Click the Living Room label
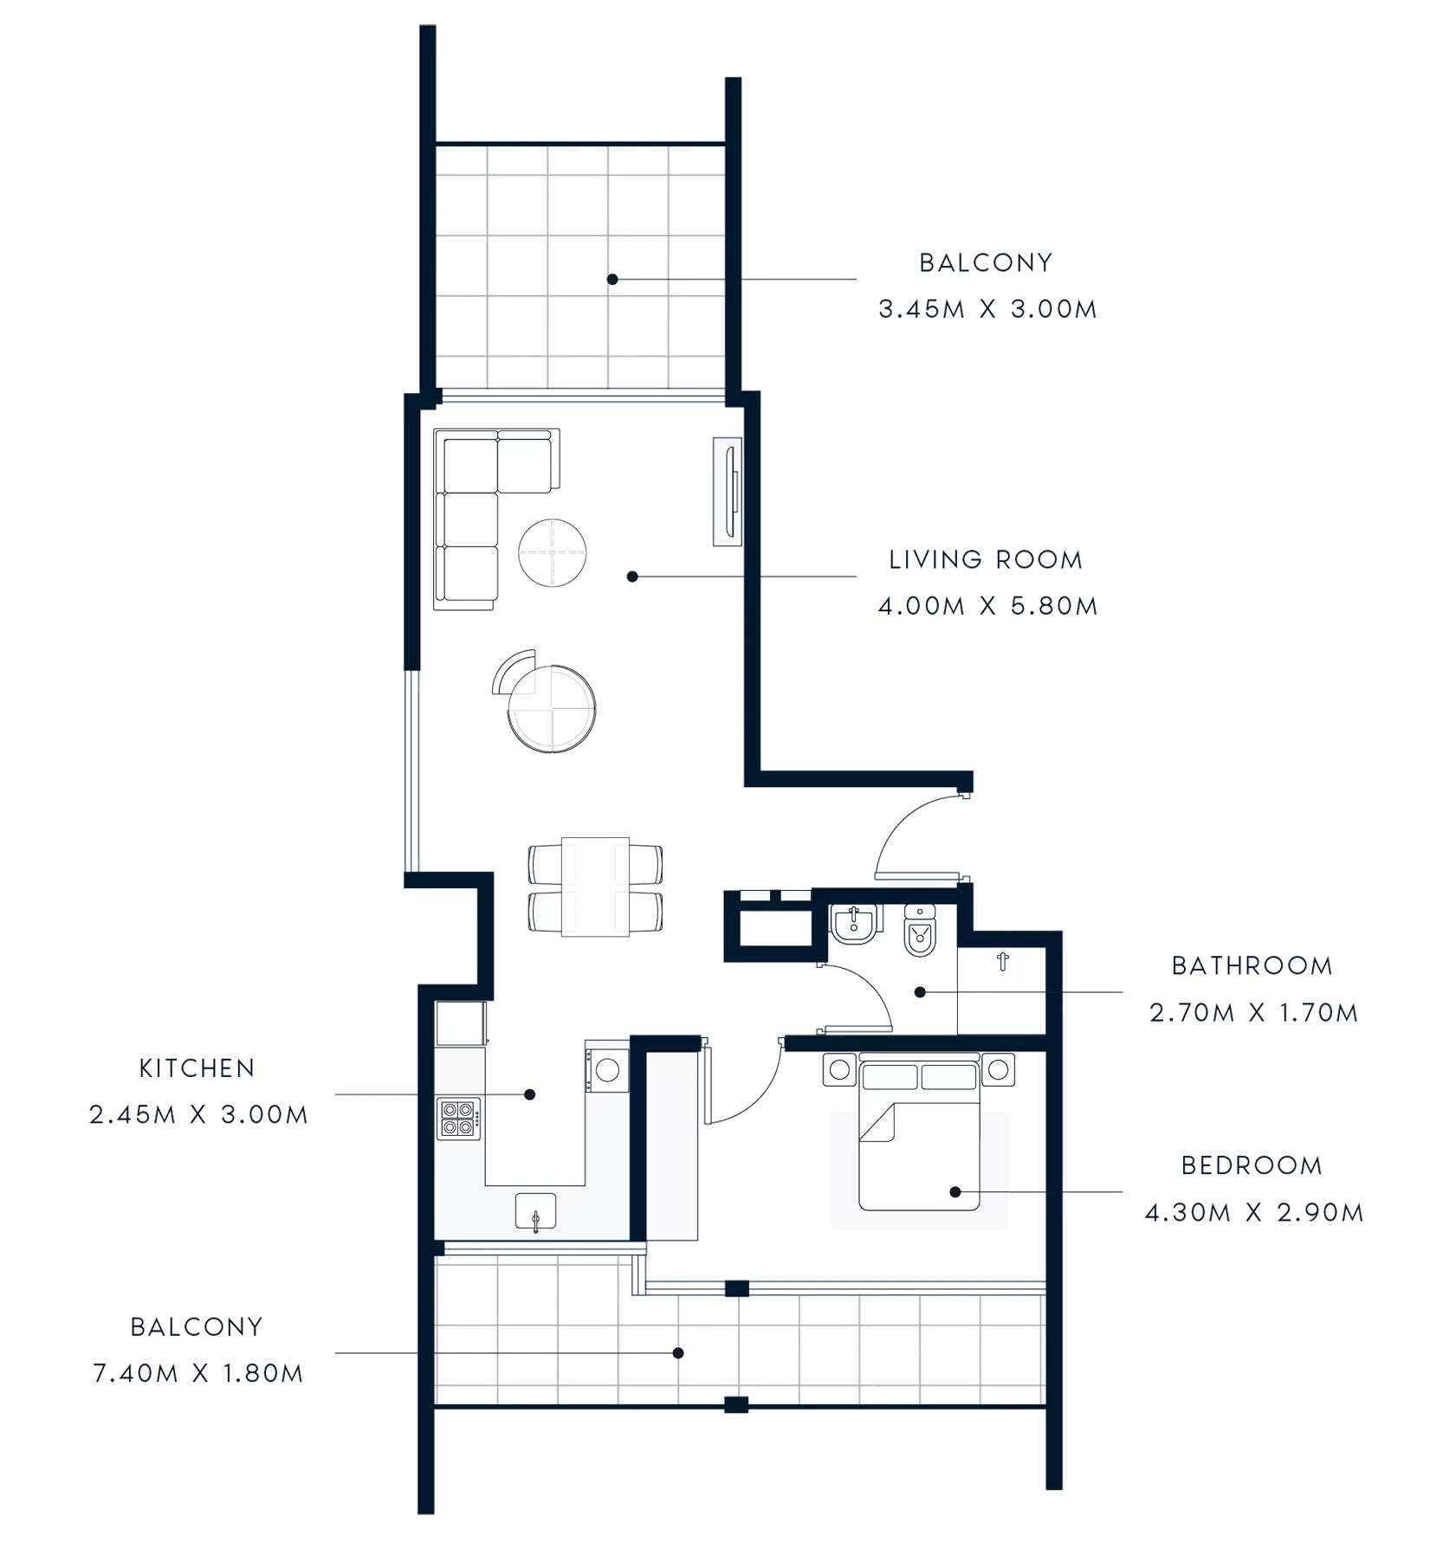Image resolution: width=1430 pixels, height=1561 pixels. [985, 560]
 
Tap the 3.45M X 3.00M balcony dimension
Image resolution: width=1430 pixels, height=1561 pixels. [987, 309]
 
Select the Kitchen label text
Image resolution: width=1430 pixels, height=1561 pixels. [197, 1068]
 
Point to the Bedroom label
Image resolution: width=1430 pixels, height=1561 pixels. [1251, 1166]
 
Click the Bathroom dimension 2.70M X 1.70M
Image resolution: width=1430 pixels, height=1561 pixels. [1253, 1012]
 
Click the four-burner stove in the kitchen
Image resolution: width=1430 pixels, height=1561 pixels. [459, 1117]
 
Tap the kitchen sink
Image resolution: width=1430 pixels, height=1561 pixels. [535, 1210]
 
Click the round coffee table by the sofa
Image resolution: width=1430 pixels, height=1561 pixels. [553, 552]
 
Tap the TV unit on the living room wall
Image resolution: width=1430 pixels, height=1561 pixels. [728, 492]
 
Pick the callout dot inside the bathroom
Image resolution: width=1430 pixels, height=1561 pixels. [921, 992]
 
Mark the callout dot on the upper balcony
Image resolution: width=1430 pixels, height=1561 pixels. [612, 280]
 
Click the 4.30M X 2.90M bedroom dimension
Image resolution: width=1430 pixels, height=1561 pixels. [1253, 1215]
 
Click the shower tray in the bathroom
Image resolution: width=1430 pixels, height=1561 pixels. [1001, 990]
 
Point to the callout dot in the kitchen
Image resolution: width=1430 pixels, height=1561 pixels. [530, 1095]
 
